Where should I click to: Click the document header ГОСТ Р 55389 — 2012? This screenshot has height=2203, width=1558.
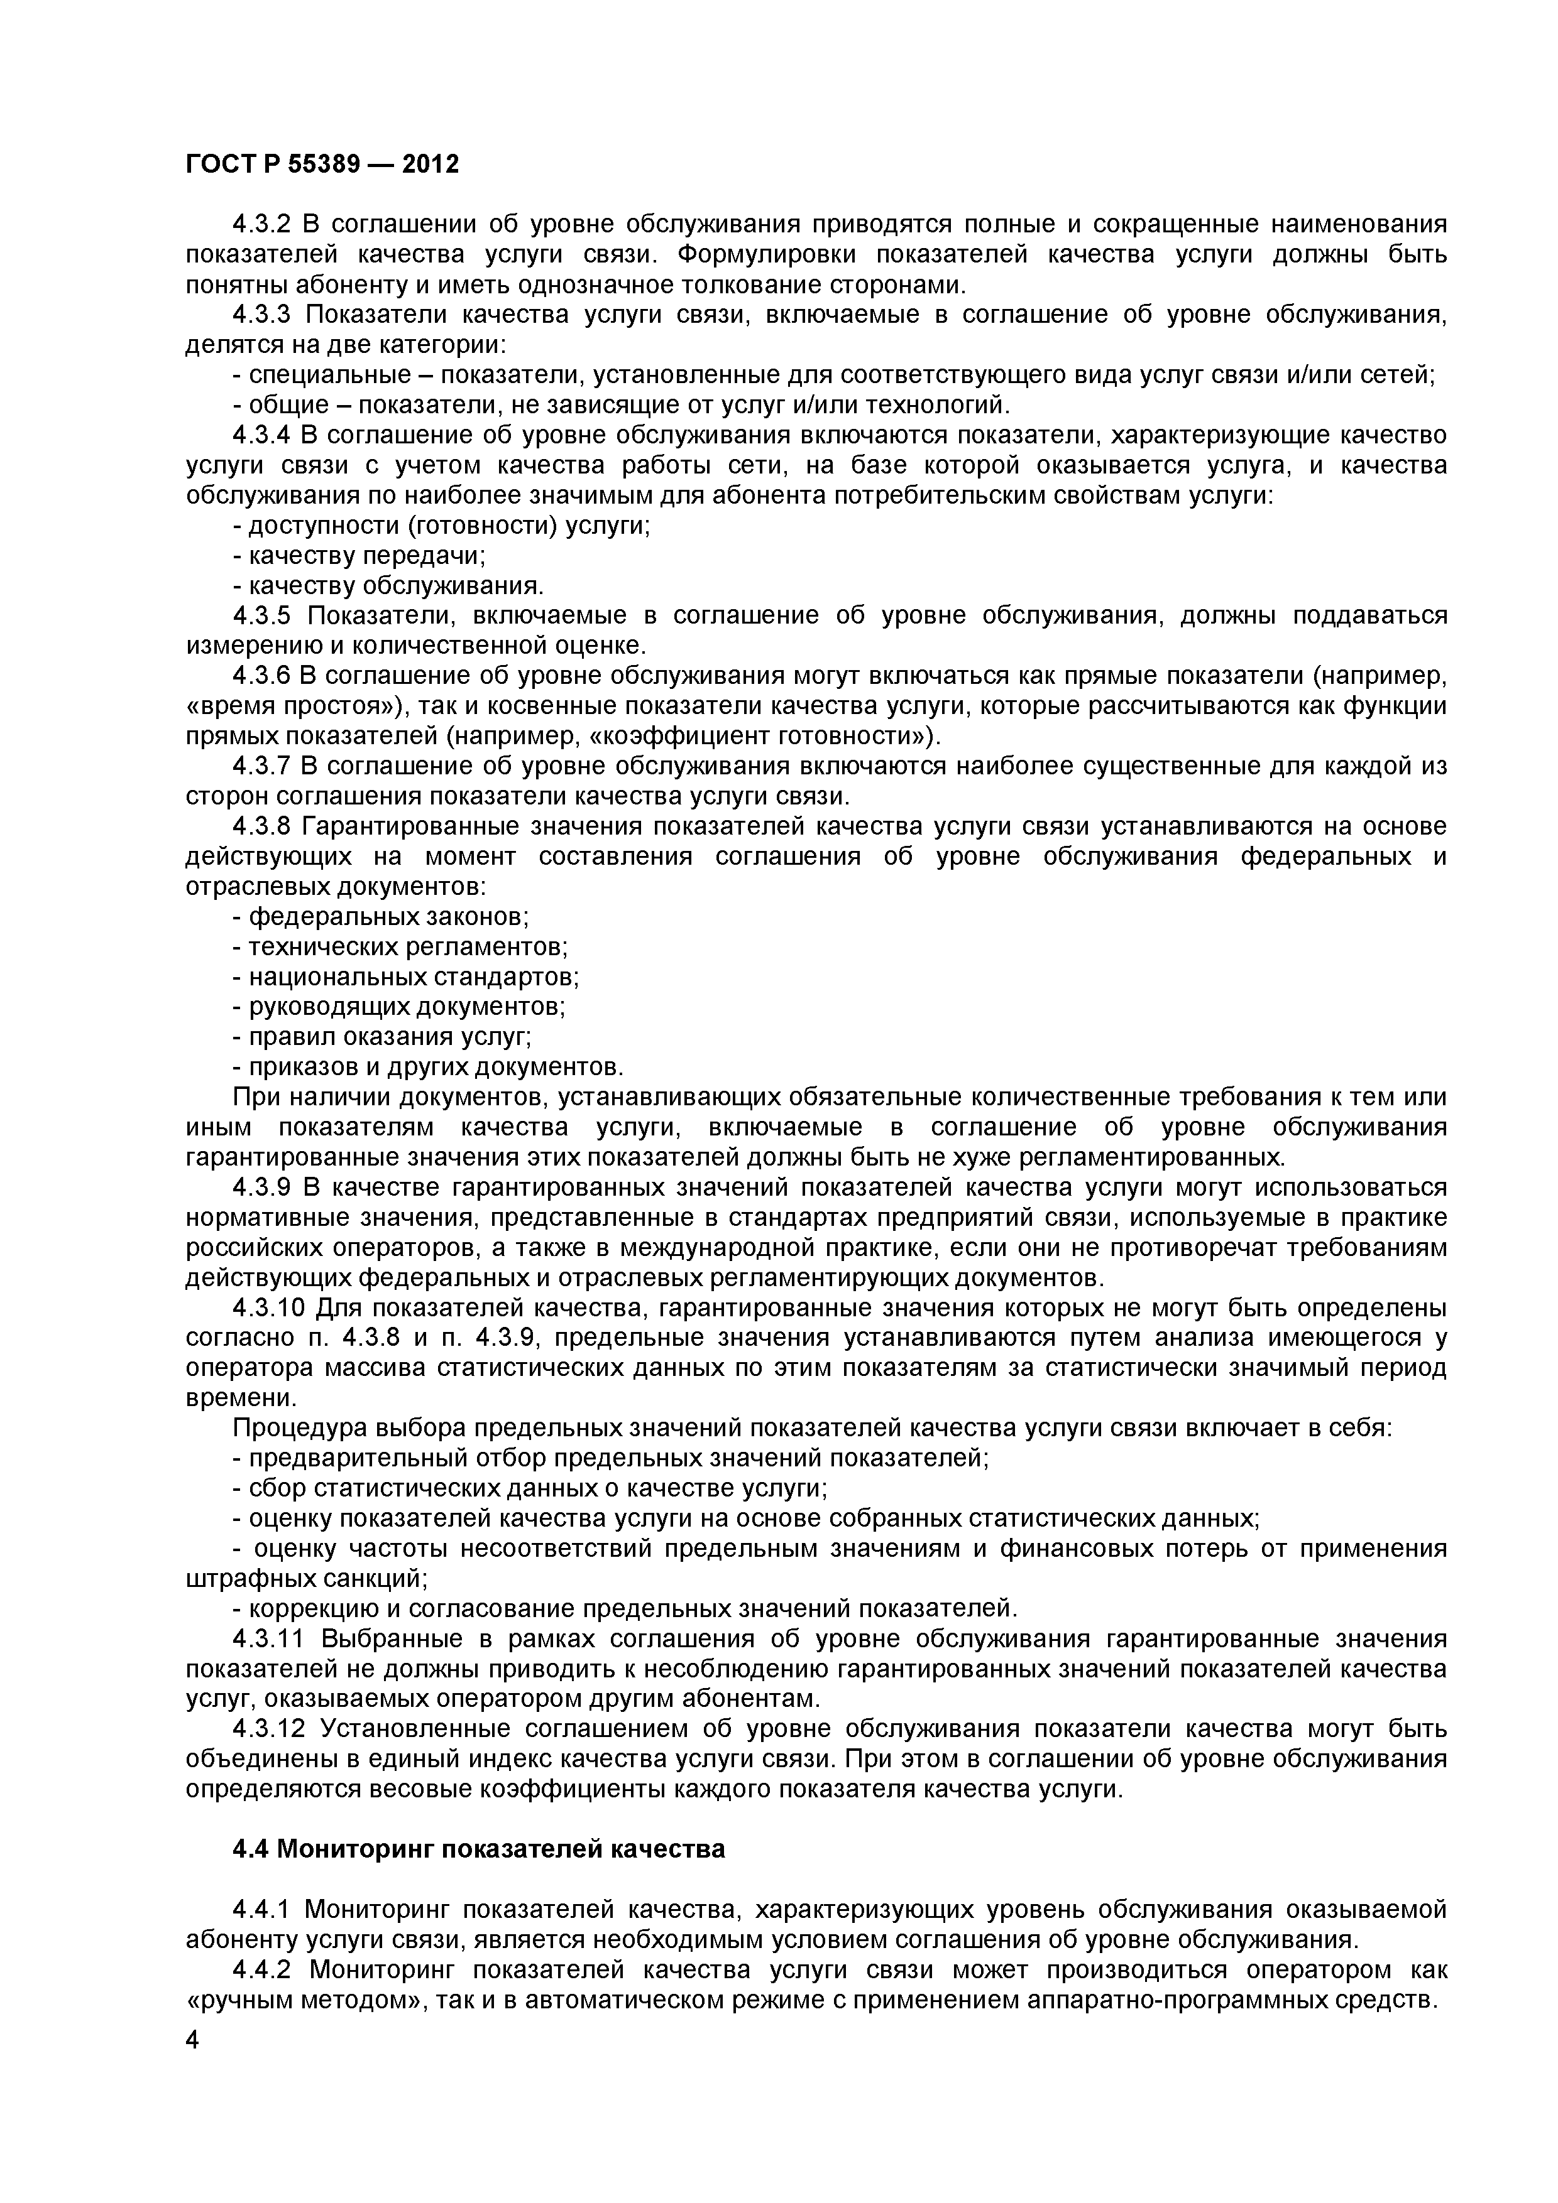322,165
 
